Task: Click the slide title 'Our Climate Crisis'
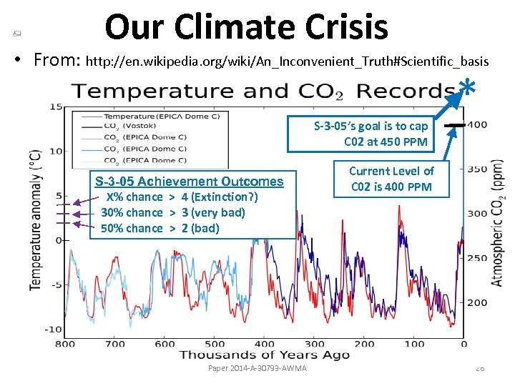coord(246,27)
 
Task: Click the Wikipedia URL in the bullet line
coord(286,61)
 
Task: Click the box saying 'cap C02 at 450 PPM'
coord(371,134)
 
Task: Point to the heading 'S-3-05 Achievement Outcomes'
coord(189,182)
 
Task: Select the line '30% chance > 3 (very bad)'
coord(172,212)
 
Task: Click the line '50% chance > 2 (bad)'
coord(160,228)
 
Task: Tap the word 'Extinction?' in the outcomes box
coord(222,197)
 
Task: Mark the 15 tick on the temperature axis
coord(55,107)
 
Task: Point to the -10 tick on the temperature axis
coord(52,330)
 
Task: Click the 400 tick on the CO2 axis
coord(477,125)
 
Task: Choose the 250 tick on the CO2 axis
coord(477,258)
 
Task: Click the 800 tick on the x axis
coord(64,344)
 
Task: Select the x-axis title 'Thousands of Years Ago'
coord(264,355)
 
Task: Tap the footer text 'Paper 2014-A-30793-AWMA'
coord(257,368)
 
